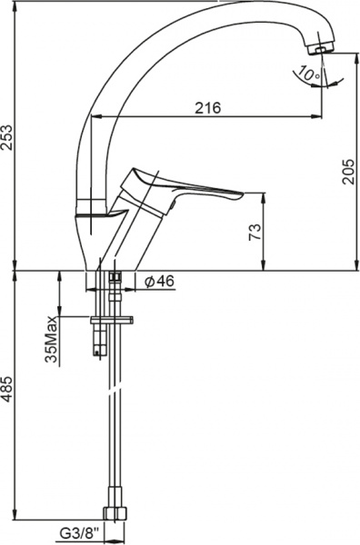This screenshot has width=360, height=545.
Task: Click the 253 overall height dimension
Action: pyautogui.click(x=7, y=137)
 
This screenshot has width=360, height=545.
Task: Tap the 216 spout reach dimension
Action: pyautogui.click(x=207, y=108)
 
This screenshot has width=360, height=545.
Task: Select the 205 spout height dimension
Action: pyautogui.click(x=349, y=172)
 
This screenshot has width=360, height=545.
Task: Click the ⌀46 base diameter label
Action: pyautogui.click(x=160, y=281)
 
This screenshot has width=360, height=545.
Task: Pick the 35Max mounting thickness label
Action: pyautogui.click(x=52, y=339)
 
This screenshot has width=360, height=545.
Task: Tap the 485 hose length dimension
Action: pyautogui.click(x=7, y=390)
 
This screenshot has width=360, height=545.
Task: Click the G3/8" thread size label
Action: pyautogui.click(x=80, y=532)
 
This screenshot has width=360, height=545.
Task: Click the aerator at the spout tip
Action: pyautogui.click(x=322, y=49)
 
